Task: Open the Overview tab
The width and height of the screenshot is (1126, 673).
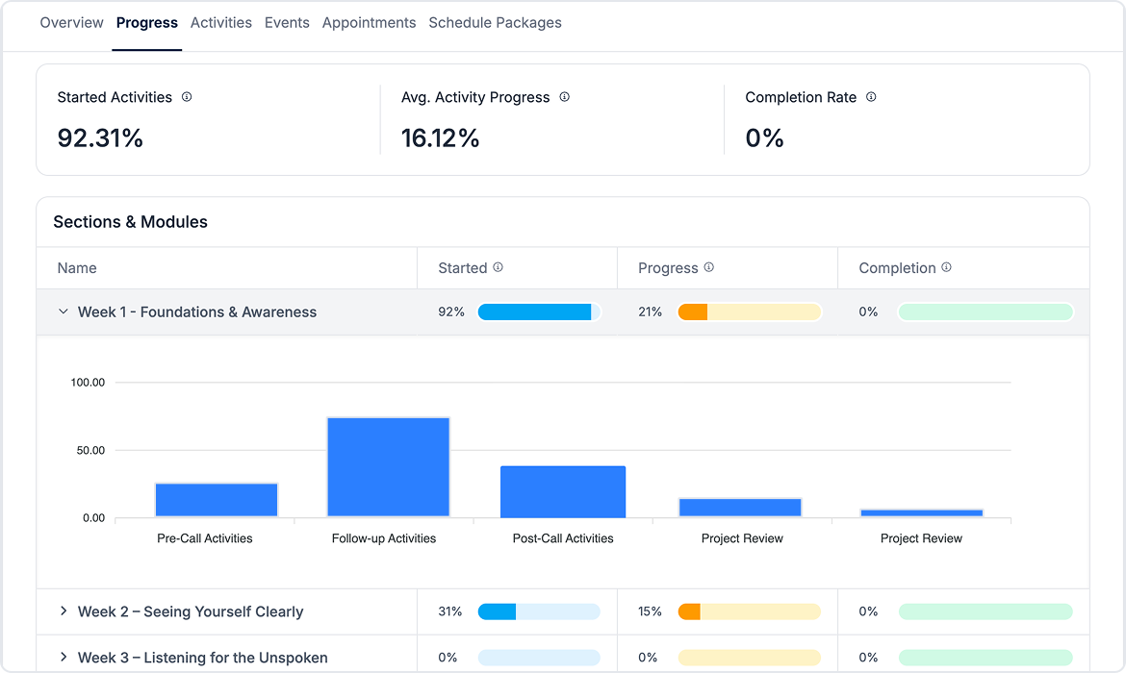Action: pyautogui.click(x=71, y=22)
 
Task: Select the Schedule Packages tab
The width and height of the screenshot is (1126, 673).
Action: pyautogui.click(x=495, y=22)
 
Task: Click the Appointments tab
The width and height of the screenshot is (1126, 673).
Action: pyautogui.click(x=369, y=22)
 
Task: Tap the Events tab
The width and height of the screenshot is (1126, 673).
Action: pyautogui.click(x=287, y=22)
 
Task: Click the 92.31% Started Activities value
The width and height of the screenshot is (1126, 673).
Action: pyautogui.click(x=100, y=138)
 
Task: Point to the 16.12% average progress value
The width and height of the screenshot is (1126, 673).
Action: pyautogui.click(x=440, y=138)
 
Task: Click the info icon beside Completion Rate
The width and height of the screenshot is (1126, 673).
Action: pyautogui.click(x=871, y=97)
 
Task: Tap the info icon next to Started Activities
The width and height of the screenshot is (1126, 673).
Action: pyautogui.click(x=187, y=97)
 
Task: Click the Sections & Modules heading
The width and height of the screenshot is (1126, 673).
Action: pyautogui.click(x=130, y=222)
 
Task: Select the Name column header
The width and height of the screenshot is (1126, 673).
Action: pyautogui.click(x=77, y=268)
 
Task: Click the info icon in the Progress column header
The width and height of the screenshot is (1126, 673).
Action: pyautogui.click(x=709, y=267)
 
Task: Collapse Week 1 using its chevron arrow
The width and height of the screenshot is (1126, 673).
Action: pyautogui.click(x=64, y=312)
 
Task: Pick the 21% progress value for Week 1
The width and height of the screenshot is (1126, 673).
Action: pyautogui.click(x=650, y=312)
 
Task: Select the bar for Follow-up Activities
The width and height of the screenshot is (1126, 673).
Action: pyautogui.click(x=388, y=467)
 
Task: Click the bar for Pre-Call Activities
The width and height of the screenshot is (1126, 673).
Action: pyautogui.click(x=217, y=500)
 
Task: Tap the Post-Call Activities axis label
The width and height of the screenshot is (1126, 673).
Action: pyautogui.click(x=563, y=538)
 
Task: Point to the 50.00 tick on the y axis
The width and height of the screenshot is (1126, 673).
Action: pyautogui.click(x=88, y=450)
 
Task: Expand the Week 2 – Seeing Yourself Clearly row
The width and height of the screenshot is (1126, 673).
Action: pyautogui.click(x=64, y=611)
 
